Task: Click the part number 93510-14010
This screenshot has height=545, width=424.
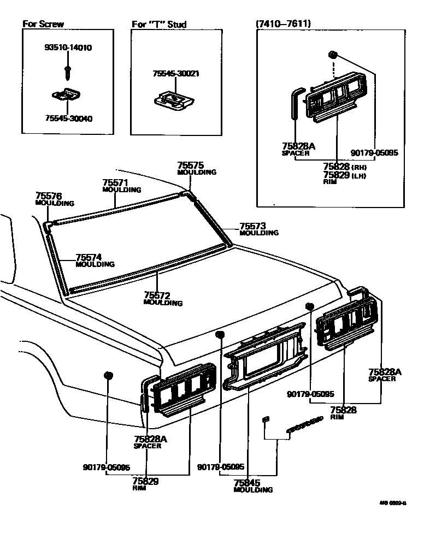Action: (68, 48)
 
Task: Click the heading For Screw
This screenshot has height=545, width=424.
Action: (43, 24)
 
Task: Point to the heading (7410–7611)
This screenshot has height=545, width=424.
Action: (283, 24)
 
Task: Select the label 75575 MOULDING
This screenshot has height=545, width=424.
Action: (197, 168)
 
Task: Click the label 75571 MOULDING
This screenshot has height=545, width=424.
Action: (122, 186)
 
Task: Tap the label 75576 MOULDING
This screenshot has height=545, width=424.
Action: (54, 199)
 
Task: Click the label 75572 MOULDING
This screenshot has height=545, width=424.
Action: (163, 299)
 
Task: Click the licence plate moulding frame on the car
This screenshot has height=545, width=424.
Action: (265, 355)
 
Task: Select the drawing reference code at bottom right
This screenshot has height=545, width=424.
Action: (394, 503)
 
